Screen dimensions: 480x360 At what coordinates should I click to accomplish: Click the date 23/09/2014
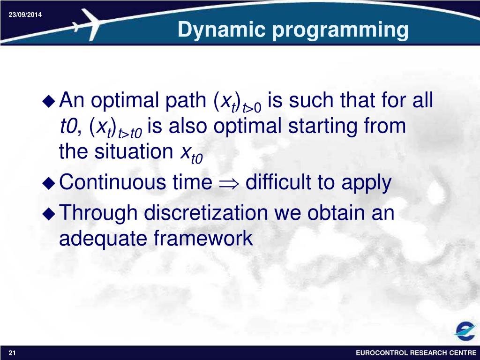[x=25, y=15]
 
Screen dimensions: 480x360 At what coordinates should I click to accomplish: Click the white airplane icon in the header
[x=88, y=24]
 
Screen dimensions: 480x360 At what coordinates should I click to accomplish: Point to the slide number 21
[x=12, y=352]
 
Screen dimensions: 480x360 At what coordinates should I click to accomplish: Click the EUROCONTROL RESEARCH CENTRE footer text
[x=416, y=353]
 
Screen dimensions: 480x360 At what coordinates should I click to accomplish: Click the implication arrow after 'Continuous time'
[x=229, y=184]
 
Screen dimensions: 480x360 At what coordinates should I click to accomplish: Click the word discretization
[x=206, y=212]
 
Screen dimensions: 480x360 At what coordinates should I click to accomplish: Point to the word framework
[x=203, y=238]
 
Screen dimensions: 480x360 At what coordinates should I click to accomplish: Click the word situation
[x=134, y=151]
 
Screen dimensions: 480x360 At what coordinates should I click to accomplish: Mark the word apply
[x=367, y=183]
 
